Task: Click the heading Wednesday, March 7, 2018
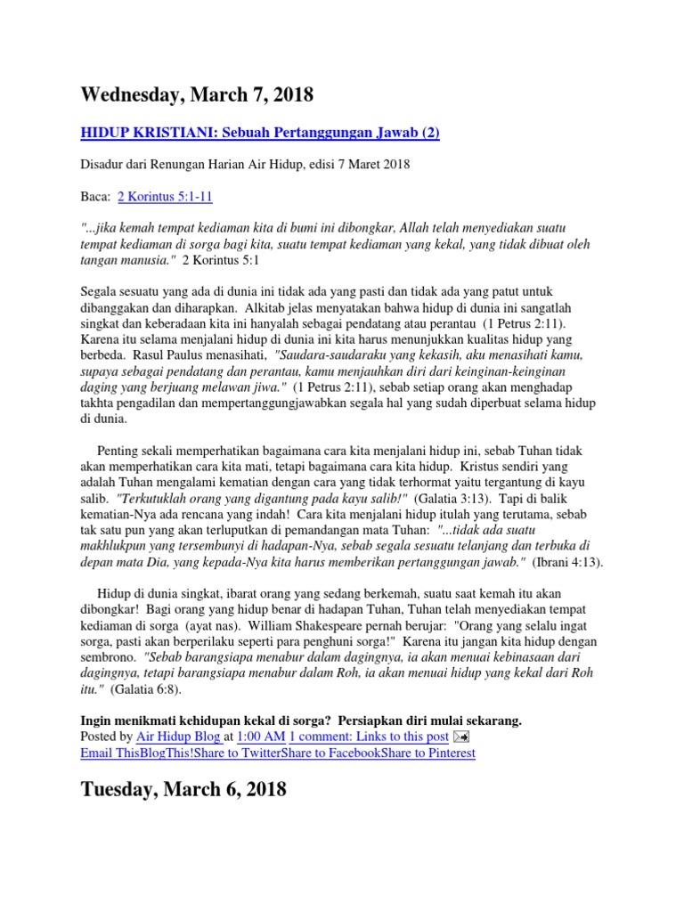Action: point(197,94)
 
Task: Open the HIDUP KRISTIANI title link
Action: point(260,133)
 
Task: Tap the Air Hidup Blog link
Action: point(177,737)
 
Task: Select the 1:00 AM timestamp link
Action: point(260,737)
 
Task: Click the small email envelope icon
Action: point(461,737)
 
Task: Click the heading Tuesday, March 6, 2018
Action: point(183,789)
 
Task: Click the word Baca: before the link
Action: point(95,196)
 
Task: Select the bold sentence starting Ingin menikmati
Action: point(301,720)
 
